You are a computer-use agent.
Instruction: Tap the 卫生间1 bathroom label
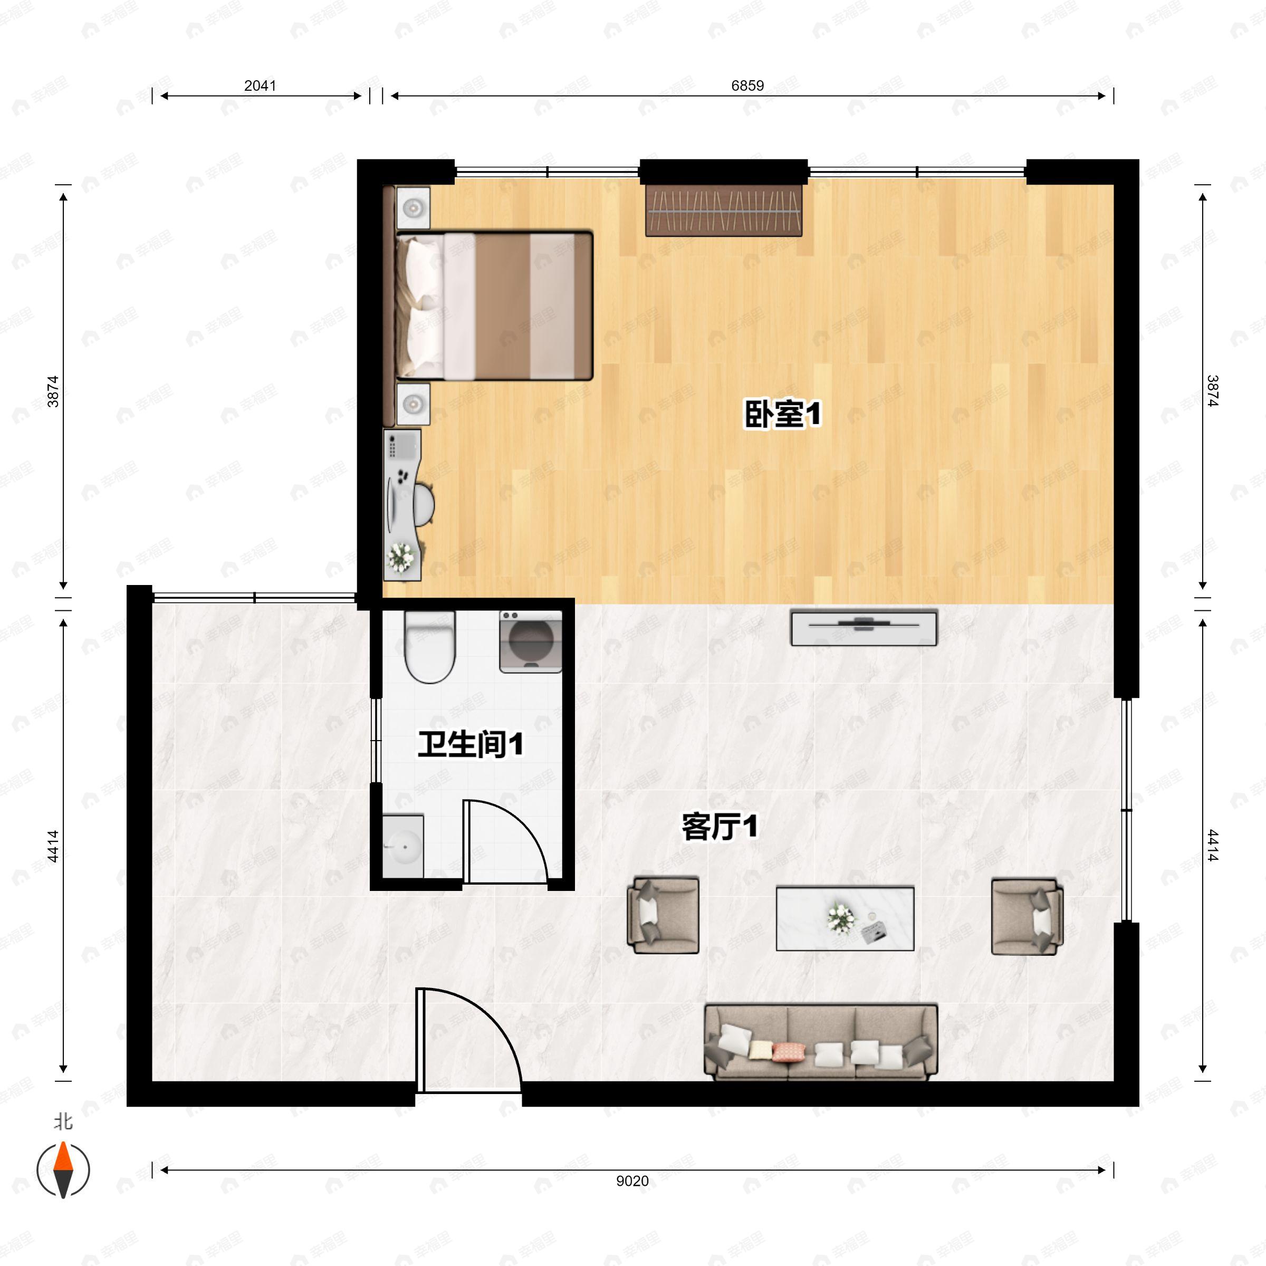[x=471, y=744]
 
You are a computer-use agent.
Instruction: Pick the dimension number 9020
[x=632, y=1181]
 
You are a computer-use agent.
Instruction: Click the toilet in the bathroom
[x=430, y=647]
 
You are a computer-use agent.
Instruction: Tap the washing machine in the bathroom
[x=531, y=641]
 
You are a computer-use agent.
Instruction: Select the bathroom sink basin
[x=403, y=846]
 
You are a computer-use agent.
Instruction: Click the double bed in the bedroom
[x=494, y=305]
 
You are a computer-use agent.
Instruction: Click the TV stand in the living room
[x=864, y=627]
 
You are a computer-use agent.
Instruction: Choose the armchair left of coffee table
[x=663, y=915]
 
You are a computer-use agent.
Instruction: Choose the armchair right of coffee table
[x=1027, y=917]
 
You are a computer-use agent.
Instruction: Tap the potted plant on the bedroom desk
[x=400, y=557]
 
